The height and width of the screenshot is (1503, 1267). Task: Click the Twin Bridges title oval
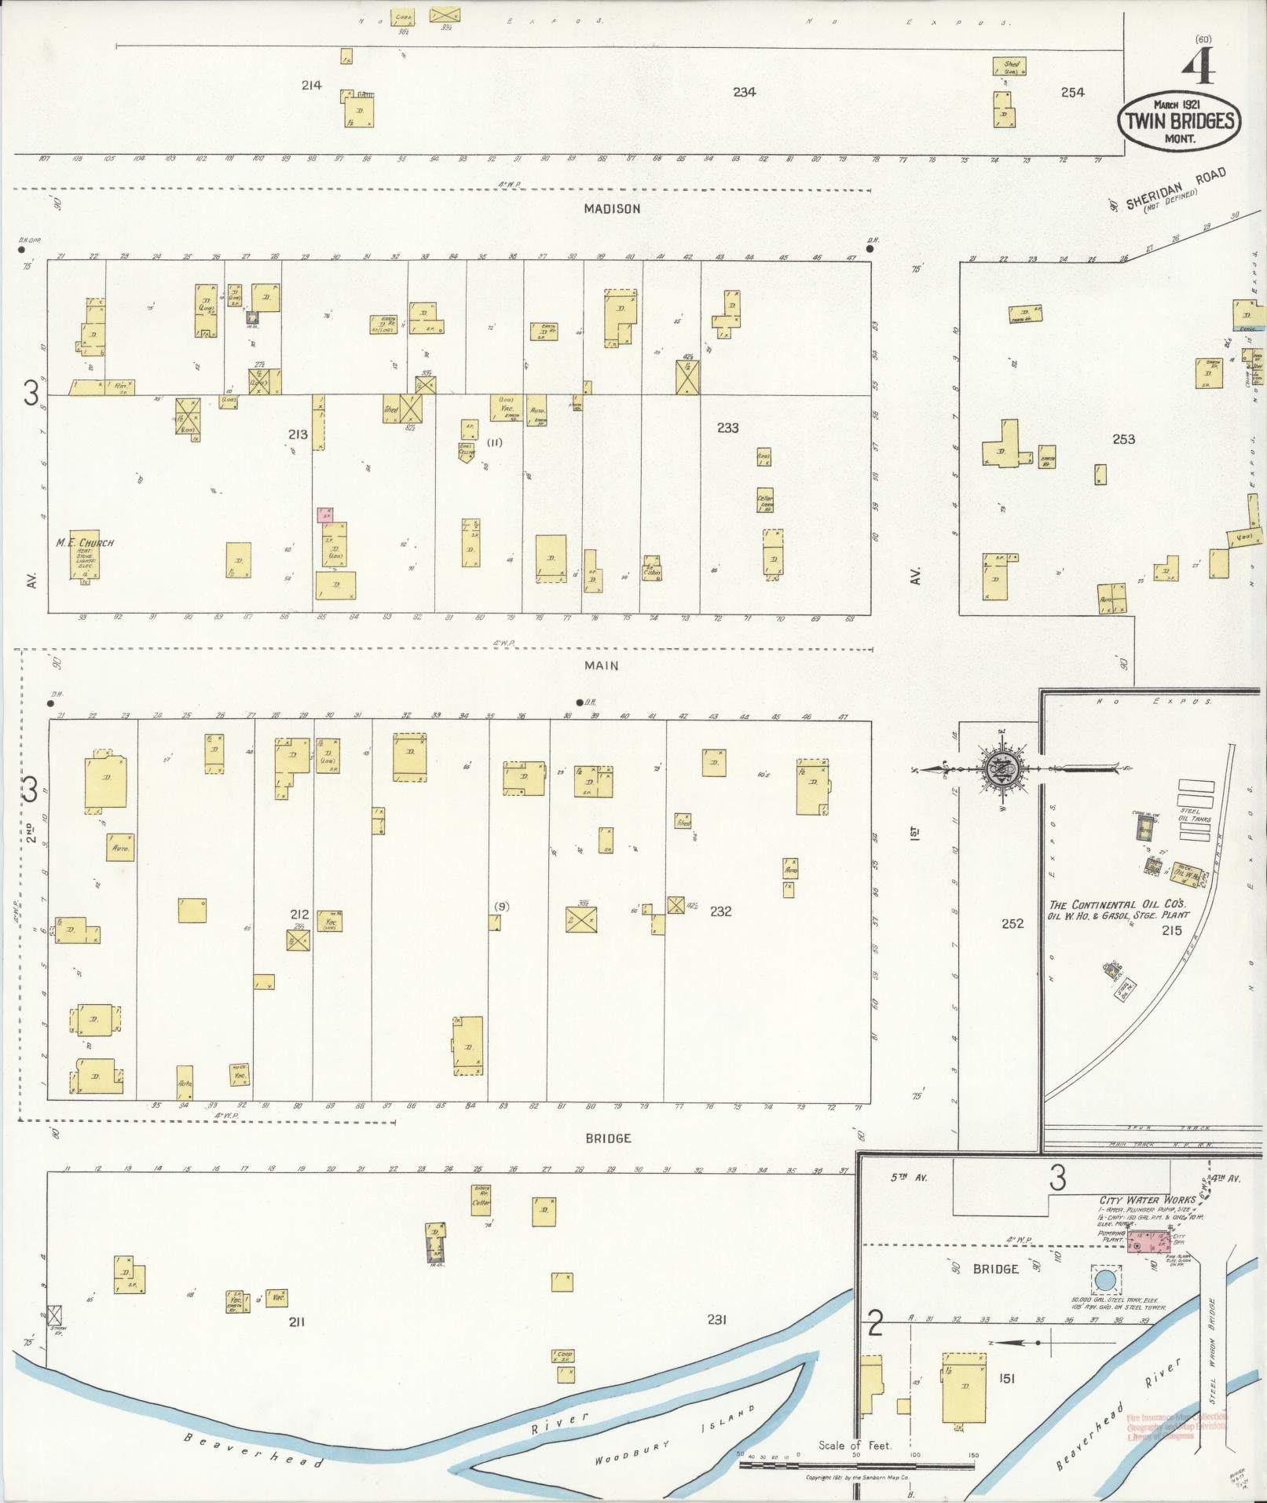(x=1180, y=121)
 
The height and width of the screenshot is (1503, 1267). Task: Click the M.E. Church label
(x=85, y=543)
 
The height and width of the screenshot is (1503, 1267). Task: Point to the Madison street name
(x=612, y=209)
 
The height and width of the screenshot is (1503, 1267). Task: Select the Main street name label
(x=601, y=665)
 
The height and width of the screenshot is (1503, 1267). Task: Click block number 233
(x=727, y=428)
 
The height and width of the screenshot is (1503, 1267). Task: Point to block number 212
(x=298, y=915)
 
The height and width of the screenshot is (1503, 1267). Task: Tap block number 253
(x=1123, y=439)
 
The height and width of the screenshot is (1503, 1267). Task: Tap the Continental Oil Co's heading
(x=1115, y=905)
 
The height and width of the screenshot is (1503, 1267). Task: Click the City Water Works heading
(x=1146, y=1200)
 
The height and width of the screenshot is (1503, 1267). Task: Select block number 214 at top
(x=311, y=85)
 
